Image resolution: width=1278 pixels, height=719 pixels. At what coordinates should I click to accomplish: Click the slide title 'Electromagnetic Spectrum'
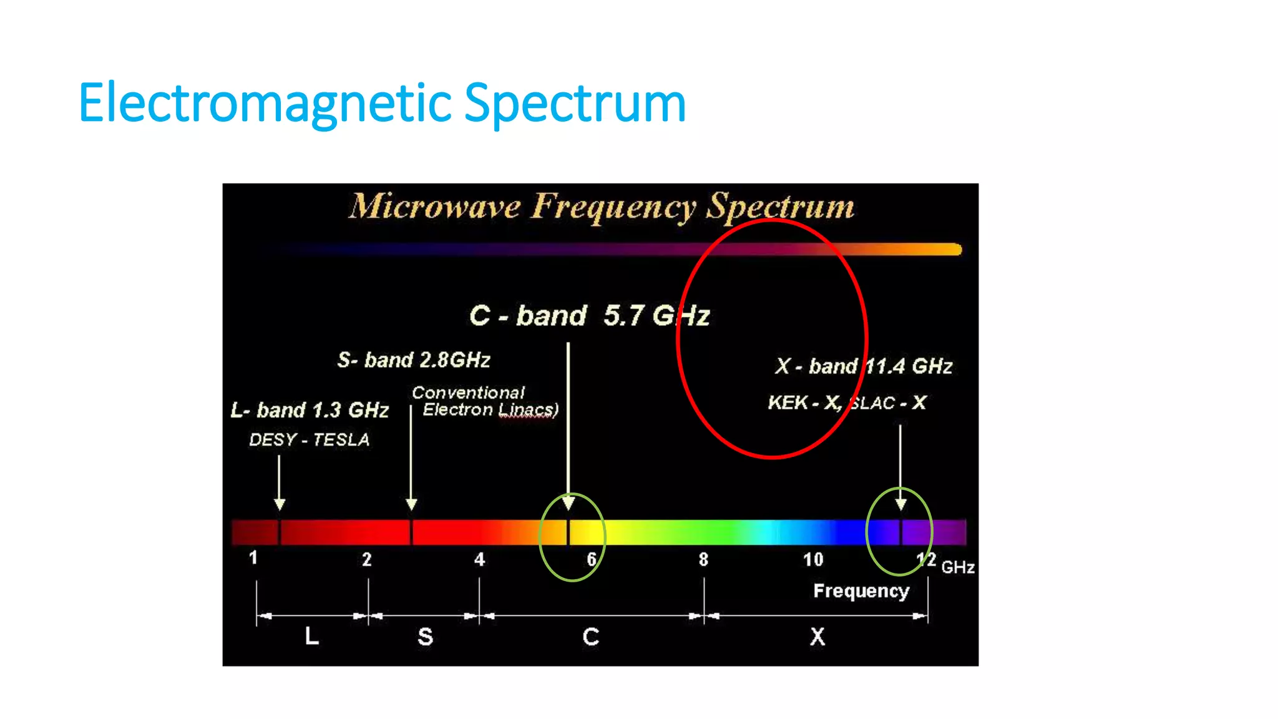point(382,103)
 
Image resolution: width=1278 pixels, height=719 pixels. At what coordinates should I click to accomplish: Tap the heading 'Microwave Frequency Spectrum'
point(601,207)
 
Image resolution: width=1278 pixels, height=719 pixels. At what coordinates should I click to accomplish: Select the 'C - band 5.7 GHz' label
point(589,315)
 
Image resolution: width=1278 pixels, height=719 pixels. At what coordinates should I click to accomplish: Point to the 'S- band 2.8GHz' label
point(414,360)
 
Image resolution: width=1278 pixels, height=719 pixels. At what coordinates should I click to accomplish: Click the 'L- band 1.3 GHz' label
point(310,410)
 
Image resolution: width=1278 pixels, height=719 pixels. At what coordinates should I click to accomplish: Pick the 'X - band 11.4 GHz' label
point(864,366)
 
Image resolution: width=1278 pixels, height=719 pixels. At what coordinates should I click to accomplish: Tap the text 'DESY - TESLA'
point(310,440)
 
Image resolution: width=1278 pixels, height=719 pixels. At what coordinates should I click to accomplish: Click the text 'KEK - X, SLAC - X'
point(847,403)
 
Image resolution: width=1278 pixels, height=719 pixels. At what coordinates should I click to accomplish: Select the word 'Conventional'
point(468,393)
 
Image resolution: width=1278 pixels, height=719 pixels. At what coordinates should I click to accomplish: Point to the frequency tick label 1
point(253,557)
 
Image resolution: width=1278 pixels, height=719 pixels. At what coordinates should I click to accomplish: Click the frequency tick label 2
point(367,559)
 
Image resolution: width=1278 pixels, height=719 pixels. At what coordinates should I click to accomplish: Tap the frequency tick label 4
point(479,559)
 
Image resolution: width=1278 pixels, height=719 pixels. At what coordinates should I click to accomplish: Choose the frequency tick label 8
point(703,559)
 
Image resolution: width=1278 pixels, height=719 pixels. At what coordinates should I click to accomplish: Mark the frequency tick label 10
point(813,559)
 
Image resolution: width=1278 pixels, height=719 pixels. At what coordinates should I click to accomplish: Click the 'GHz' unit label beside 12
point(958,567)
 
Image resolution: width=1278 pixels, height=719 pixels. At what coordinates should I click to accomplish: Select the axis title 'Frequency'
point(861,590)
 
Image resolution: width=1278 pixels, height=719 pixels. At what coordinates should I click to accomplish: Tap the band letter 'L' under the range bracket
point(311,637)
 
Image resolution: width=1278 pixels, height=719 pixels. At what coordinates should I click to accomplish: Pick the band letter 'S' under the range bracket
point(425,637)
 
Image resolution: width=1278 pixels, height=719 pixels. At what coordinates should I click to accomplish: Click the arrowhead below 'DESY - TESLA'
point(280,504)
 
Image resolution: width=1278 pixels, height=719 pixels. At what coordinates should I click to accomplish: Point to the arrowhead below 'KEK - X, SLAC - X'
point(900,504)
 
